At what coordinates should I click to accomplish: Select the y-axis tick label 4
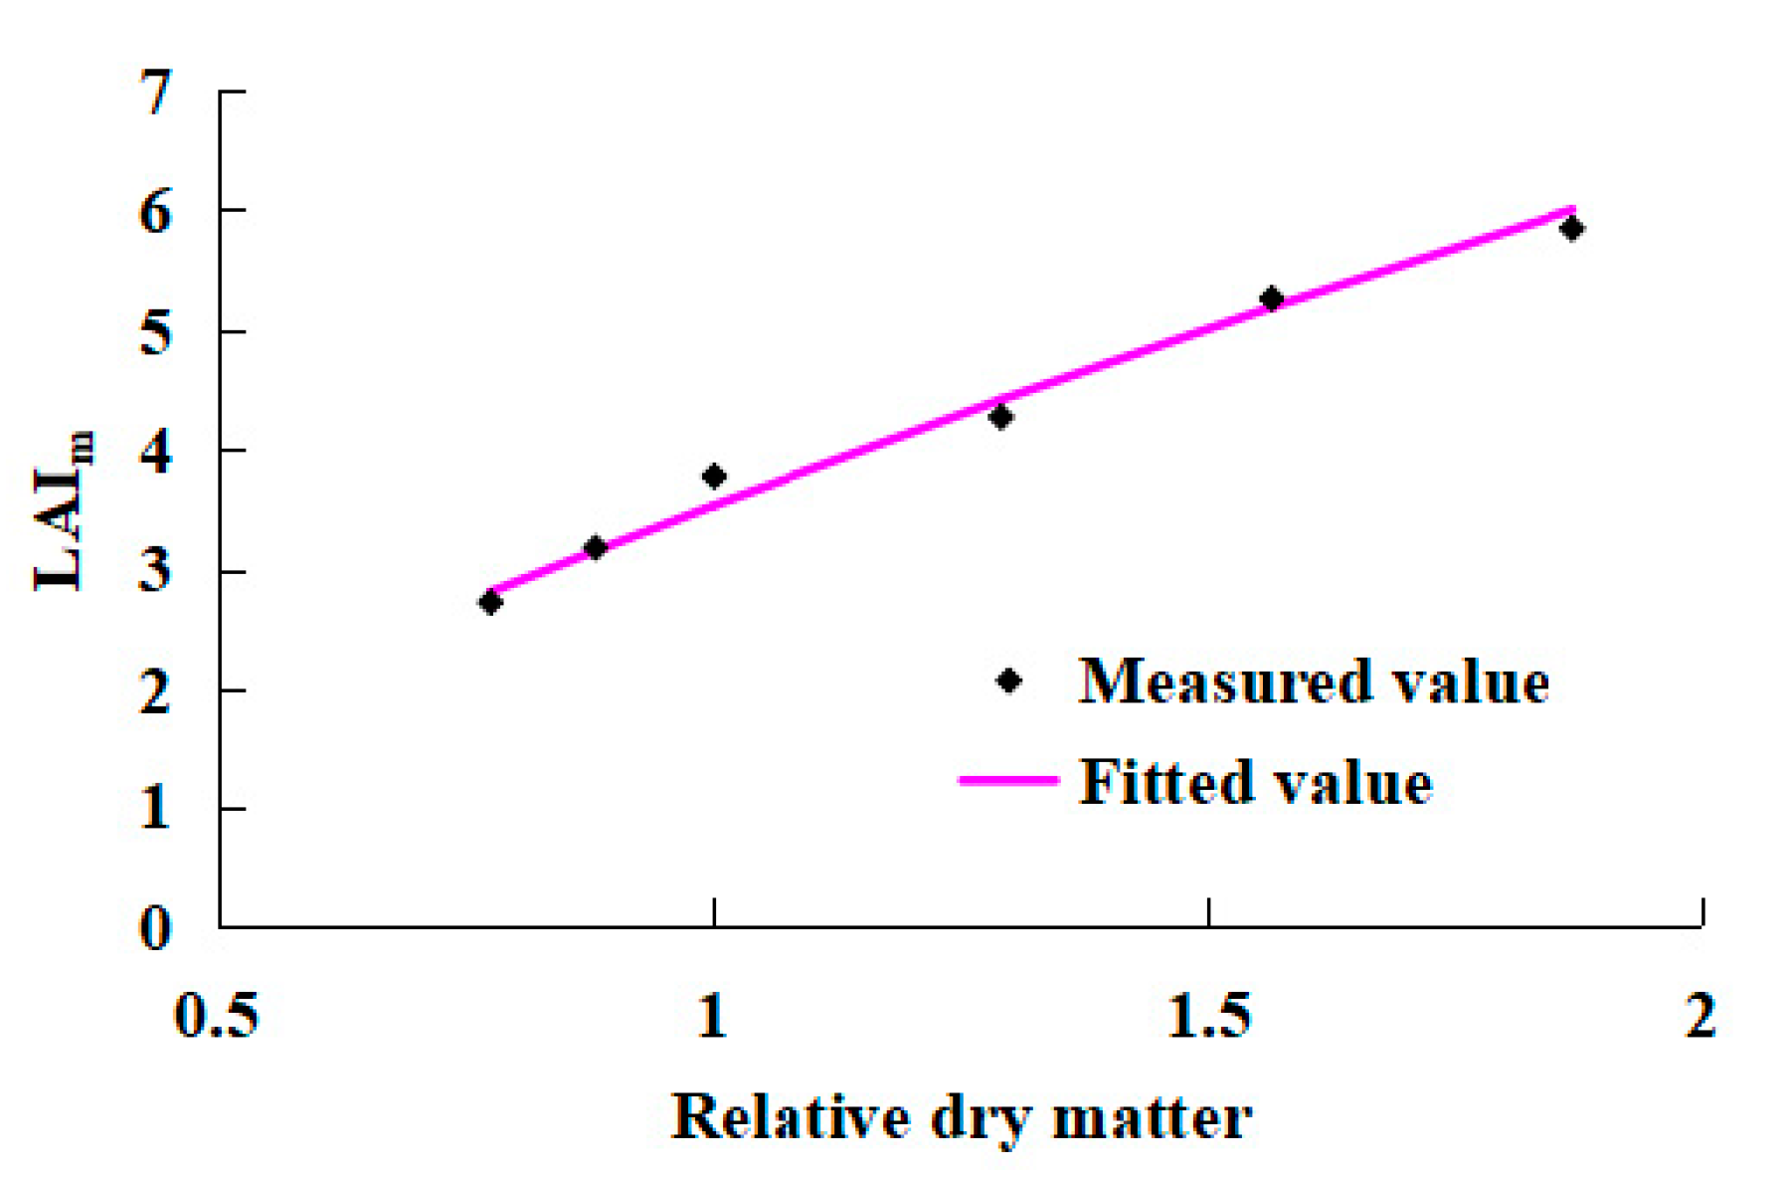(x=155, y=451)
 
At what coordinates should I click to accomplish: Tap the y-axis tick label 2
(x=155, y=690)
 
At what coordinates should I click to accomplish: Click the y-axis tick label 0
(x=155, y=928)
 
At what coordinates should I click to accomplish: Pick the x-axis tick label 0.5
(x=217, y=1016)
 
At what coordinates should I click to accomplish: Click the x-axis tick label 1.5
(x=1207, y=1016)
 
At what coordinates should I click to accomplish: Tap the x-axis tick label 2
(x=1701, y=1016)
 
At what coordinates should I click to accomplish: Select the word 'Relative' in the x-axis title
(x=791, y=1117)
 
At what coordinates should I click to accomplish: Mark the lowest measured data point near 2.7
(x=489, y=602)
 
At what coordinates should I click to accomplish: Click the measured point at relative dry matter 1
(x=713, y=477)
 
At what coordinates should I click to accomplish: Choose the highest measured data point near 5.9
(x=1571, y=229)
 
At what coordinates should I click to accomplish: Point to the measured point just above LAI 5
(x=1271, y=298)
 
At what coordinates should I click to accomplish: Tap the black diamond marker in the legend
(x=1008, y=682)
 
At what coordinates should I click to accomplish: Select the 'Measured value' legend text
(x=1314, y=682)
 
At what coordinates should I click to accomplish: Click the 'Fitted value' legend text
(x=1255, y=782)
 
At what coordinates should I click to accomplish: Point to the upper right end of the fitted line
(x=1571, y=209)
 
